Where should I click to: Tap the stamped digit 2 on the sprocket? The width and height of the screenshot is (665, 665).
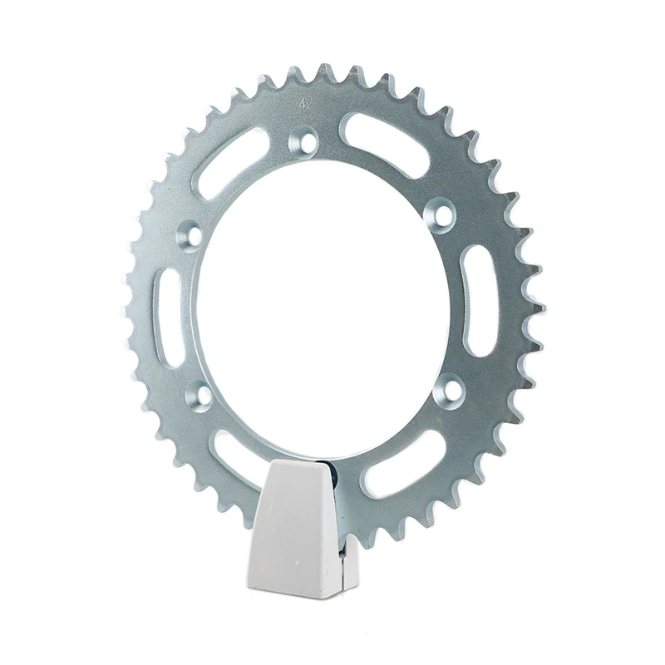(309, 104)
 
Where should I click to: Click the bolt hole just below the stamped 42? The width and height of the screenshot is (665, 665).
(303, 140)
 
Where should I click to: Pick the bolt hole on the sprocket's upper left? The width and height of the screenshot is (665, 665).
(190, 233)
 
